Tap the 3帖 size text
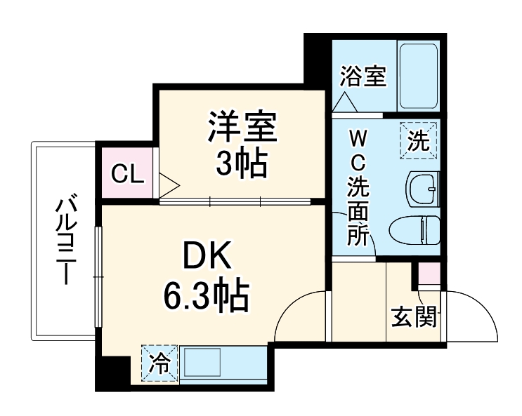240,164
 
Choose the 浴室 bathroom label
363,76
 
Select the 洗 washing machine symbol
419,141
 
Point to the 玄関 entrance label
415,317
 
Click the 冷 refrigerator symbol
160,363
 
